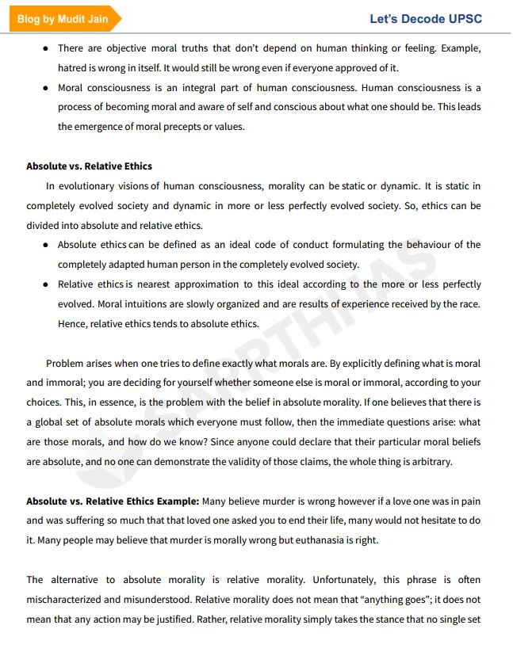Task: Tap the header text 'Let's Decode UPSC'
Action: [425, 19]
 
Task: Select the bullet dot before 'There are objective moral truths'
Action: [46, 48]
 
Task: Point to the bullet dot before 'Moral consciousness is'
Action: [46, 87]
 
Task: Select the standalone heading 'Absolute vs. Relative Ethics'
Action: [89, 166]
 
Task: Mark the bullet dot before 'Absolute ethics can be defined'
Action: [46, 245]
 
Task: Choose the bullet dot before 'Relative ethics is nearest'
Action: [46, 284]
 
